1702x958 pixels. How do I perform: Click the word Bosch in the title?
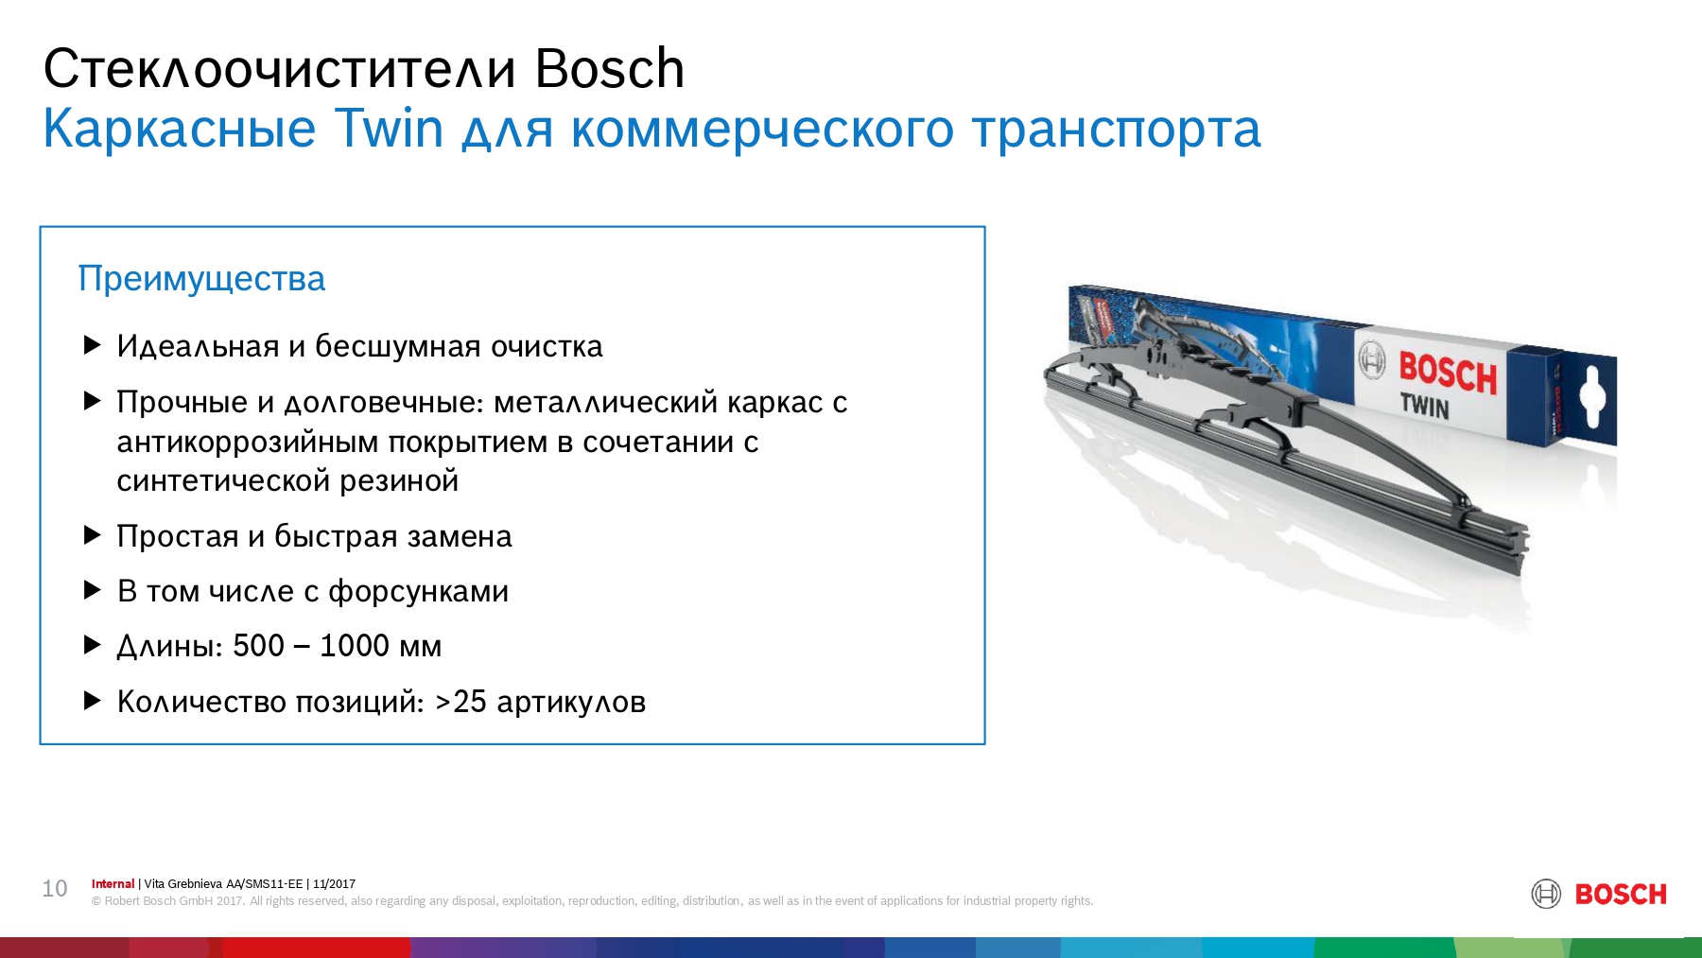[609, 68]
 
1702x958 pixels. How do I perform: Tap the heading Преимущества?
[201, 279]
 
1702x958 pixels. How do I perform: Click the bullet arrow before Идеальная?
[93, 345]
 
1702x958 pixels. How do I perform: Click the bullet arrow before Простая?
[93, 535]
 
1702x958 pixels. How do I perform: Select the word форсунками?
[418, 592]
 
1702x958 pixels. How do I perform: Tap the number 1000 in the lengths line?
[355, 646]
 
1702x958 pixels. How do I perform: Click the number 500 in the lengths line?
[258, 646]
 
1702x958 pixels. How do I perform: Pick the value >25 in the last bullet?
[460, 702]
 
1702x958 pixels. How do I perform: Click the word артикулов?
[571, 703]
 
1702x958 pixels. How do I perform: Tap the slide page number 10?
[55, 889]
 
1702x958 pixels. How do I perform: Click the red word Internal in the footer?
[113, 884]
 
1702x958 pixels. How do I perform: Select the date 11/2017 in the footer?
[334, 884]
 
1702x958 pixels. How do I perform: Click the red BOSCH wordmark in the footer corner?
[1621, 895]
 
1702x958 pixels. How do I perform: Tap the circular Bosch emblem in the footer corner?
[1546, 894]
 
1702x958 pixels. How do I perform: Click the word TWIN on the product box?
[1424, 406]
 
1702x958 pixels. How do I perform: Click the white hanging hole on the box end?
[1593, 396]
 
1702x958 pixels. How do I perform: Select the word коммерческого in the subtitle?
[762, 130]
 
